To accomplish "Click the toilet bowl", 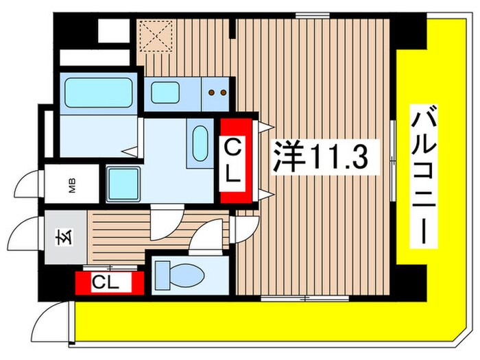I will (178, 276).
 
